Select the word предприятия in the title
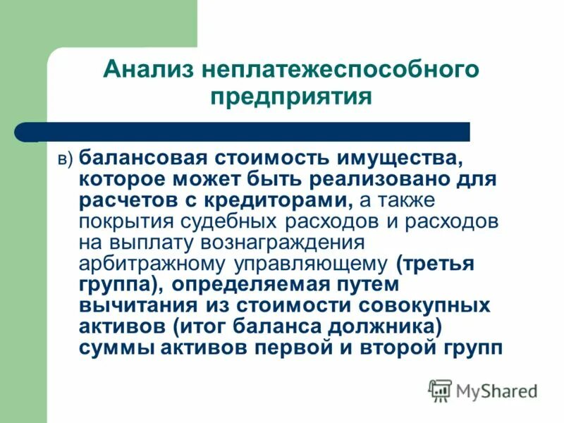click(291, 96)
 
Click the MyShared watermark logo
click(483, 391)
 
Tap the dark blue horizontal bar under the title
click(247, 131)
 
